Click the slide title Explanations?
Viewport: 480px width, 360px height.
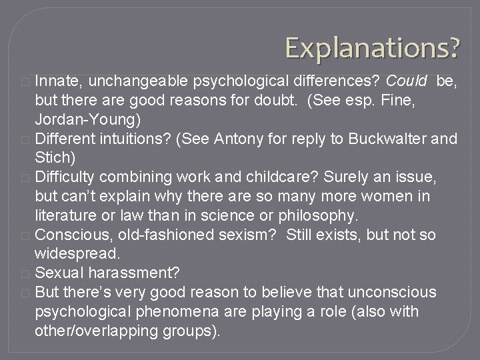click(372, 47)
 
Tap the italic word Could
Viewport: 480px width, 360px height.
click(409, 81)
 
